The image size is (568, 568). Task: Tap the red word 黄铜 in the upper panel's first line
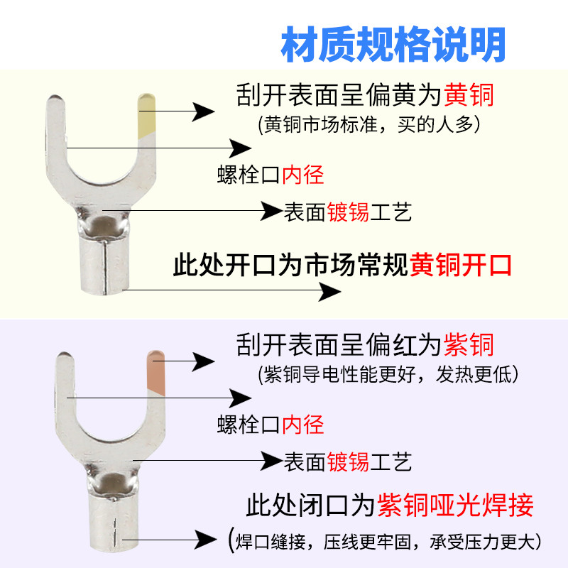[468, 94]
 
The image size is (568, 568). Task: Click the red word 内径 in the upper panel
[303, 174]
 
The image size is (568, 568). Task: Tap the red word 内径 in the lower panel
[303, 425]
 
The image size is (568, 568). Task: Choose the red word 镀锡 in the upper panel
[348, 212]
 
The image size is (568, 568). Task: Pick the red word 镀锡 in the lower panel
[348, 462]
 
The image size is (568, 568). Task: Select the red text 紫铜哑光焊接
[455, 506]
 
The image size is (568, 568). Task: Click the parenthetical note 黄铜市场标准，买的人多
[368, 123]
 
